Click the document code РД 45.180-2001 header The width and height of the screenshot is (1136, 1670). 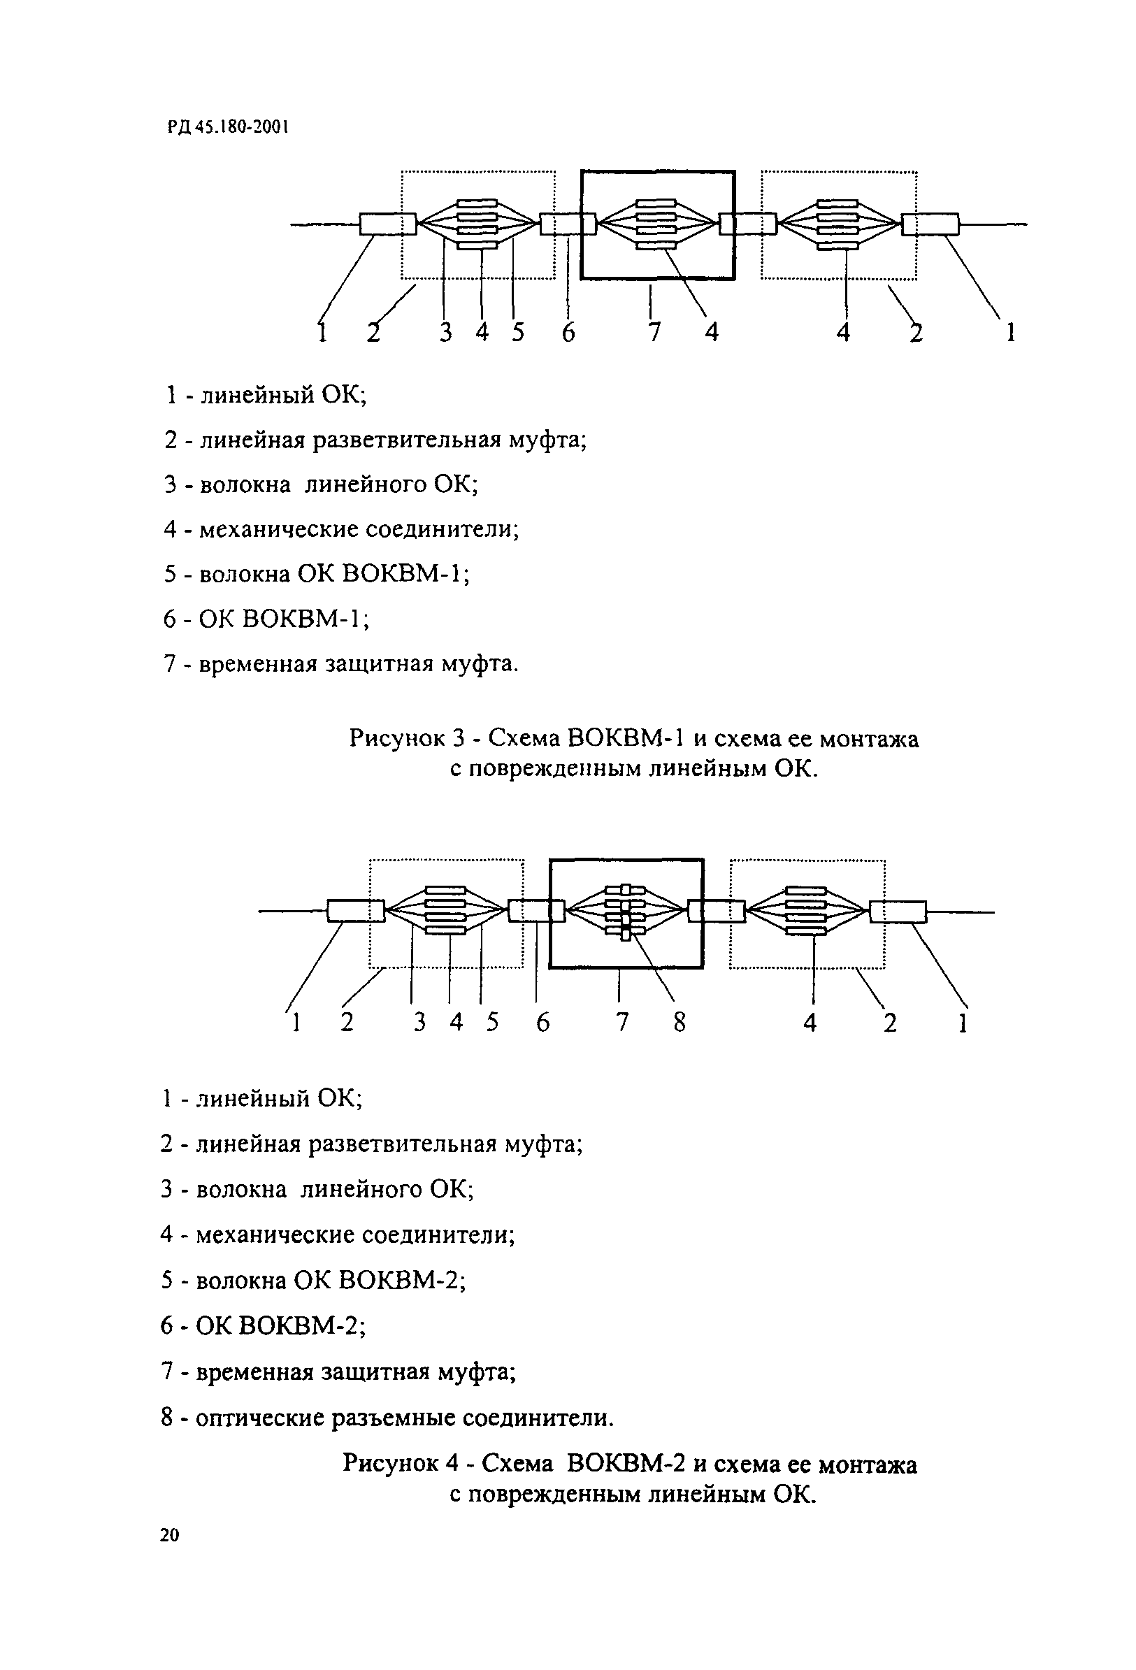click(x=228, y=127)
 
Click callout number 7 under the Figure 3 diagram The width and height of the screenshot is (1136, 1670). click(x=654, y=332)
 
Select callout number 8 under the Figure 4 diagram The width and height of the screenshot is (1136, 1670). click(x=679, y=1021)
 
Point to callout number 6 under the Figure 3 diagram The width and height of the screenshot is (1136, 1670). click(x=568, y=332)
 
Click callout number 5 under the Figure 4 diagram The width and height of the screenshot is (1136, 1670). click(x=492, y=1021)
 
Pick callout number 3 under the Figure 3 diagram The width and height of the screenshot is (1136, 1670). click(x=446, y=332)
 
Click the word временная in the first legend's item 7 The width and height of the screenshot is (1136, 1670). click(x=258, y=663)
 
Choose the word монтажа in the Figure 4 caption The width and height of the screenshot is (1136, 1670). click(x=867, y=1458)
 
